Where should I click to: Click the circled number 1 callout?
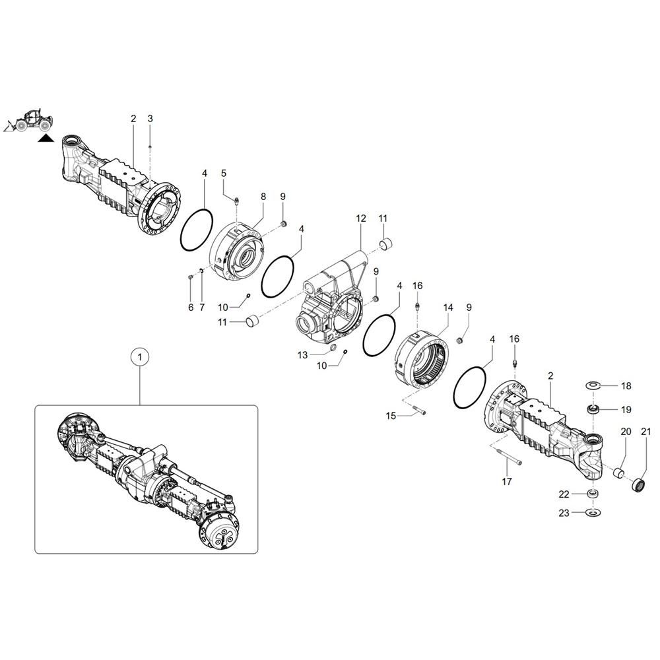139,357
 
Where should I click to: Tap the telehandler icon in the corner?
29,121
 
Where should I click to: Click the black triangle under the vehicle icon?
45,139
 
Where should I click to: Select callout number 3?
150,119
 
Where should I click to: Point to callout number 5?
224,173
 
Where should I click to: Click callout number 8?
263,197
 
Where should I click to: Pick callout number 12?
361,218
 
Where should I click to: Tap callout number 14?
448,308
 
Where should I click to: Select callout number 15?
391,416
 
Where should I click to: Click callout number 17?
506,482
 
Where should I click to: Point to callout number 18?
626,386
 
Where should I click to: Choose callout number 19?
626,410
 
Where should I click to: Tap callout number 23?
564,512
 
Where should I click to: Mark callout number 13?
302,355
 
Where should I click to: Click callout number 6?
191,308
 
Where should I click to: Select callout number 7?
203,308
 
